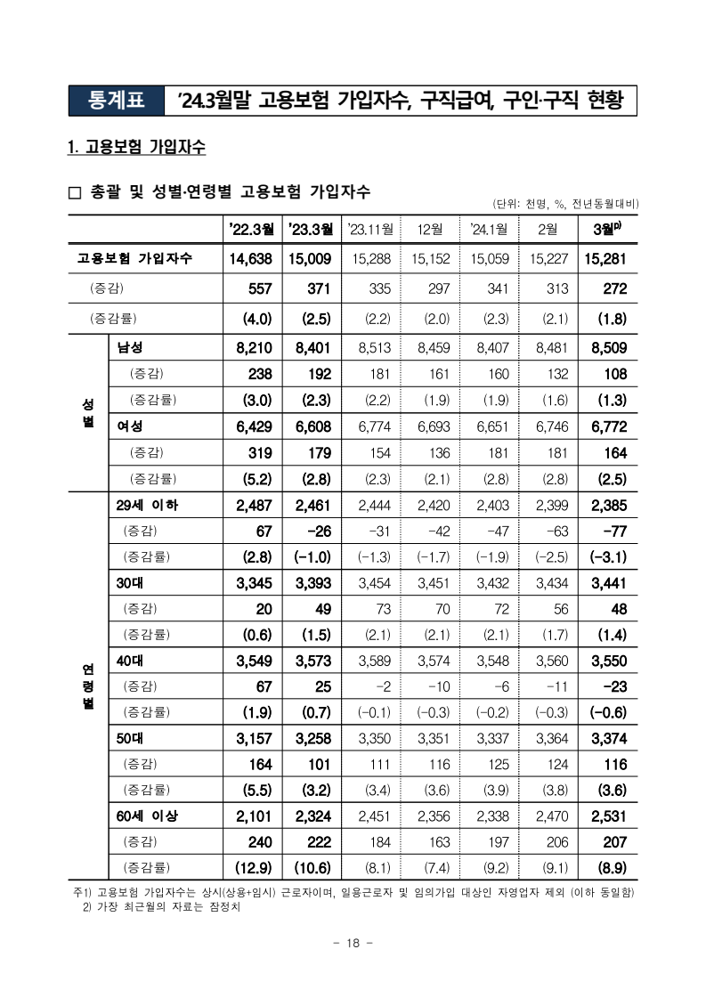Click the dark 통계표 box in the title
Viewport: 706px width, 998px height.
coord(117,100)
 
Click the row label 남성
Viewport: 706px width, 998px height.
coord(131,349)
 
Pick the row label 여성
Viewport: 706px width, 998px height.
coord(131,426)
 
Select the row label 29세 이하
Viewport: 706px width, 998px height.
coord(148,505)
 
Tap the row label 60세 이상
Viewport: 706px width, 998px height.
coord(148,815)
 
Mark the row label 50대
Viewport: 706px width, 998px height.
coord(131,737)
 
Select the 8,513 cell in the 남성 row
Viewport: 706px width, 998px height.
coord(371,349)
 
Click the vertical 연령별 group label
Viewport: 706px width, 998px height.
coord(86,686)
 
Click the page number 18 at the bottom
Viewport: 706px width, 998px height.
coord(353,944)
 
